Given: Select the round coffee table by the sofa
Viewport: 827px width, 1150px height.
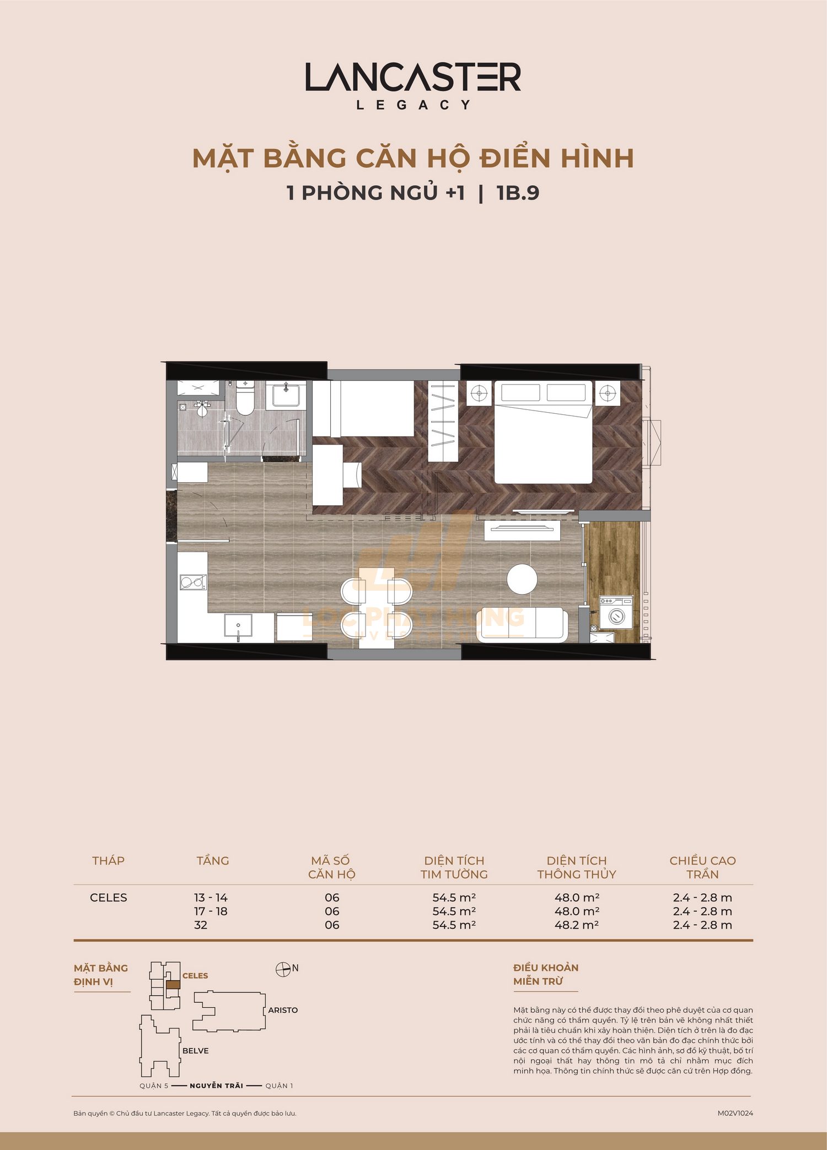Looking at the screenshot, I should coord(522,579).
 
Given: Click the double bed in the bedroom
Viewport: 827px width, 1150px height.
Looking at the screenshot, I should coord(544,433).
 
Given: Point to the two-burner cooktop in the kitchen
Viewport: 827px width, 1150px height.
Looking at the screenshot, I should coord(193,582).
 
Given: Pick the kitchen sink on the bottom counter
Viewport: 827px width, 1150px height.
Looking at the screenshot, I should coord(238,625).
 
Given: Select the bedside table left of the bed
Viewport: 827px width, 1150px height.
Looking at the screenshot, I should coord(479,393).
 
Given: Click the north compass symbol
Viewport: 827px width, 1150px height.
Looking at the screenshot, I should coord(283,970).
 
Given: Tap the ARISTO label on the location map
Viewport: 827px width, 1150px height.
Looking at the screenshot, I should coord(283,1010).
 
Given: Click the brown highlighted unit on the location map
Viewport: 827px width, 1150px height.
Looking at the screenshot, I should coord(173,985).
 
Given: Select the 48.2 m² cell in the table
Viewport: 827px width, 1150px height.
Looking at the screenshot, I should coord(577,925).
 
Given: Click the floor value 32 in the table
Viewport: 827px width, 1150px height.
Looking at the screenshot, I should coord(201,925).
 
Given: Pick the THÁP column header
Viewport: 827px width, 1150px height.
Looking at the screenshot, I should coord(108,861).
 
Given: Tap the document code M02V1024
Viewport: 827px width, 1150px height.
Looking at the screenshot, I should coord(735,1113).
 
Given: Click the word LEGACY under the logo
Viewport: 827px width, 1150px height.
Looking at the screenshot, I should coord(413,105).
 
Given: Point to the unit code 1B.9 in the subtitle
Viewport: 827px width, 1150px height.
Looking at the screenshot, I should coord(518,193).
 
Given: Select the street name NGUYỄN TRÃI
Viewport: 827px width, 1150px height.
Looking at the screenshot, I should coord(216,1086).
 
